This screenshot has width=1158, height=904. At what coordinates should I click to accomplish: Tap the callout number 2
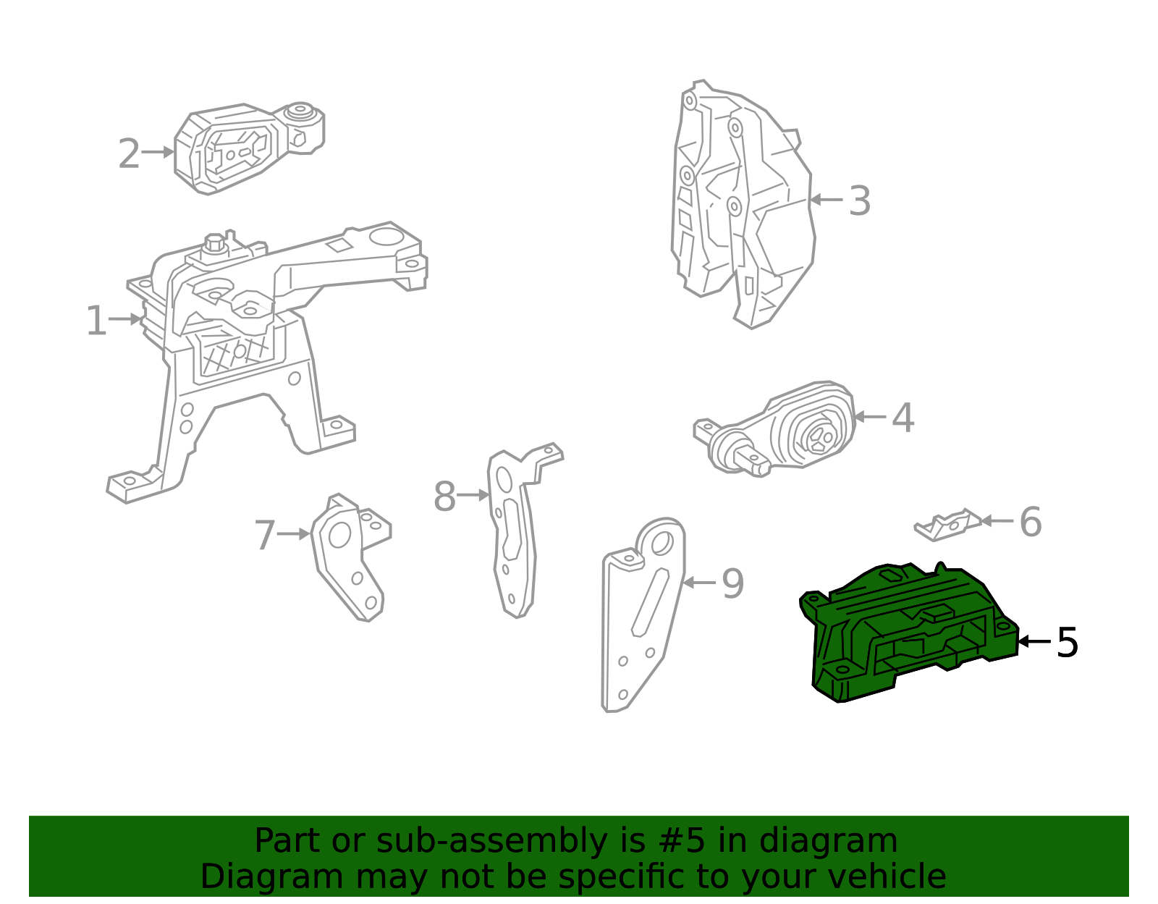129,153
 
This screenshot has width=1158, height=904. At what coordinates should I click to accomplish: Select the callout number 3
860,200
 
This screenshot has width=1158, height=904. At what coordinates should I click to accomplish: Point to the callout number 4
903,418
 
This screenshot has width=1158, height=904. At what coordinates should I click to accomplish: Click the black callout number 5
1068,643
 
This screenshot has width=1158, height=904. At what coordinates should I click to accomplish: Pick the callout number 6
1031,522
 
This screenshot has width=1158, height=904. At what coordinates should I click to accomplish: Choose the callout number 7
265,536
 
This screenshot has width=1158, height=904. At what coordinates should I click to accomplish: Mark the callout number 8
444,497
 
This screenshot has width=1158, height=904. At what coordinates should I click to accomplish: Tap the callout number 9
732,584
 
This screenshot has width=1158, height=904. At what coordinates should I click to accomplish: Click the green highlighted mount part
906,634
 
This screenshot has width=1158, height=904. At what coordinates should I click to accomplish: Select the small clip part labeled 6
947,525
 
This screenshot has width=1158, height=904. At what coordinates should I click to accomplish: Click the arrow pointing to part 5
1034,641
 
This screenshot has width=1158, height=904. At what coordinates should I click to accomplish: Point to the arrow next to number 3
826,200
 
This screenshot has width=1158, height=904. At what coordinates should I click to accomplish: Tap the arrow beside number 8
473,495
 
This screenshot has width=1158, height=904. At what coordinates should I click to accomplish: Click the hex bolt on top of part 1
215,244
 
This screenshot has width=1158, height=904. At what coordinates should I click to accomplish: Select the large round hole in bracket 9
662,544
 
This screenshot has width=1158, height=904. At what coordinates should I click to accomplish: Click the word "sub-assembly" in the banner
491,841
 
